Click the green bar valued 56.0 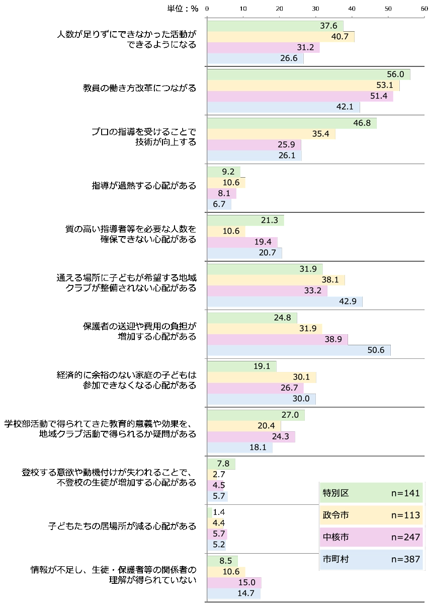tap(308, 74)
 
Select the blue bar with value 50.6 tap(300, 350)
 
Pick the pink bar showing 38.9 tap(278, 339)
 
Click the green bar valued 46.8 tap(292, 123)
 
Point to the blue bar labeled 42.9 tap(285, 301)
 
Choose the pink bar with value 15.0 tap(233, 582)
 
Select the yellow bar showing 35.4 tap(272, 134)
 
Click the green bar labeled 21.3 tap(245, 220)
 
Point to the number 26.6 tap(289, 58)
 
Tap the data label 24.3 tap(280, 437)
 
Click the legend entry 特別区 tap(335, 493)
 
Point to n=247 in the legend tap(405, 537)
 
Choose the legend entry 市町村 tap(335, 559)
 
